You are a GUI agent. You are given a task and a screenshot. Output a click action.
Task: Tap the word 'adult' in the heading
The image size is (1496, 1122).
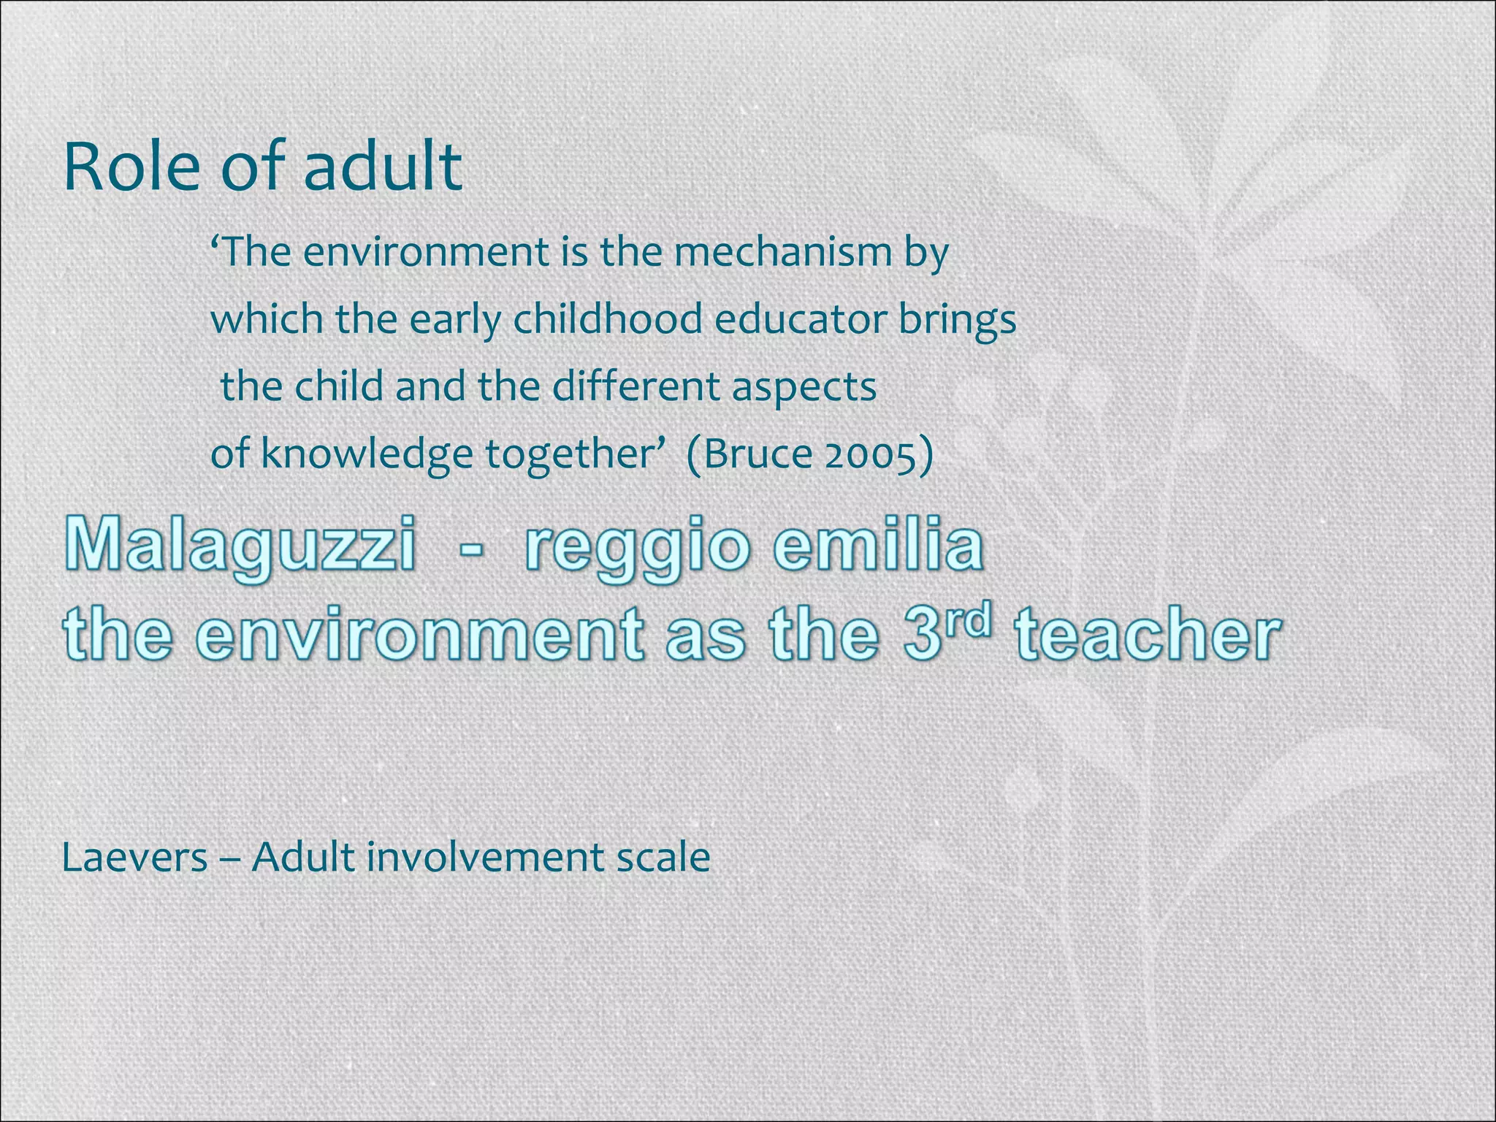(x=382, y=167)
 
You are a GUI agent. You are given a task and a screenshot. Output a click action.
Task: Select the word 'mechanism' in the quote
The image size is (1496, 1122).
(x=782, y=252)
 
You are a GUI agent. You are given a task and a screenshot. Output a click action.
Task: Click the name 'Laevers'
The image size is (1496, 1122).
(x=135, y=857)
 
